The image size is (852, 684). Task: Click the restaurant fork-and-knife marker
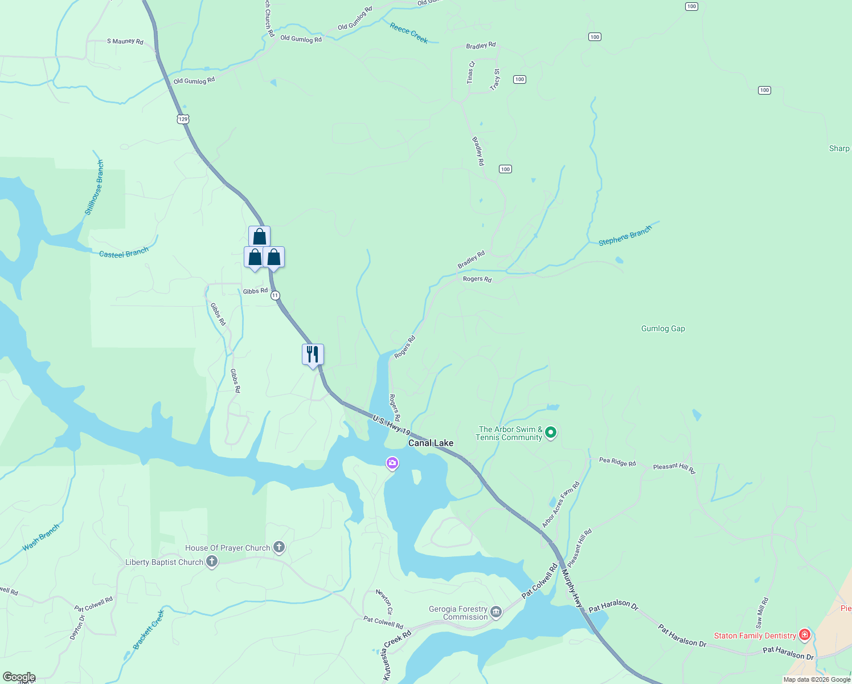(x=313, y=354)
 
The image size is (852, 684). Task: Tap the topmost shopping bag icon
(x=259, y=236)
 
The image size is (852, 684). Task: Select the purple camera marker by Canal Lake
(x=392, y=463)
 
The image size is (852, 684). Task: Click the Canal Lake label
(x=431, y=443)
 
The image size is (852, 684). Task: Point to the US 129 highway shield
(x=182, y=119)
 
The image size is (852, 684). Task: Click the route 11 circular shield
(x=276, y=295)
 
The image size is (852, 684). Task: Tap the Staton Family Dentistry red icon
(x=805, y=634)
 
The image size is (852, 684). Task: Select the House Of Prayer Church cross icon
(x=278, y=547)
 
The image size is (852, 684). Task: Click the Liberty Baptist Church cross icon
(x=212, y=562)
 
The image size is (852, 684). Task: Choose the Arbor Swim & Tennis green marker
(x=550, y=433)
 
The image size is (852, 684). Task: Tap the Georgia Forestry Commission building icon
(x=496, y=612)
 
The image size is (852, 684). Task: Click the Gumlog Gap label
(x=663, y=328)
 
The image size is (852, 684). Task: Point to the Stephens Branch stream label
(x=624, y=236)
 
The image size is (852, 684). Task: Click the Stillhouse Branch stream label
(x=95, y=187)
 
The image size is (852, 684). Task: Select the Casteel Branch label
(x=124, y=253)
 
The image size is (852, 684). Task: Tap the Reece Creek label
(x=409, y=32)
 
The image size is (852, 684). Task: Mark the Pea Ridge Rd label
(x=617, y=462)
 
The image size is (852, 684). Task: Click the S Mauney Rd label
(x=125, y=41)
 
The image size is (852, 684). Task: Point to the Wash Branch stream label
(x=41, y=538)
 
